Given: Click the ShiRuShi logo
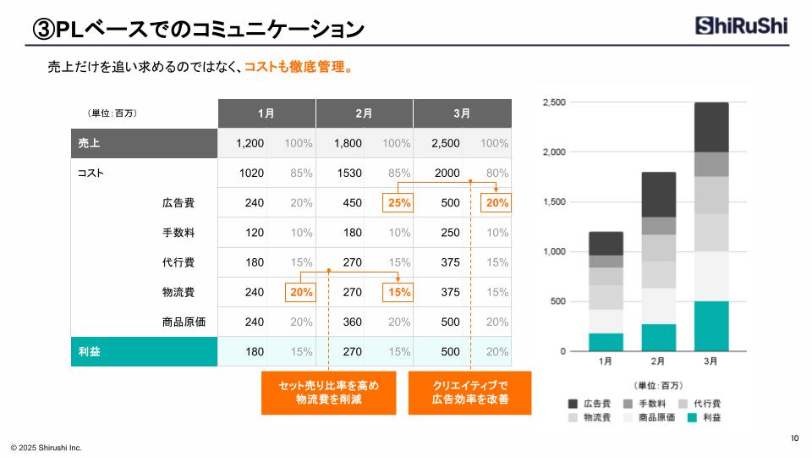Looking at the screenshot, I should pyautogui.click(x=742, y=26).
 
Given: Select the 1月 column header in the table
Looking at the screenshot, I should pyautogui.click(x=266, y=113).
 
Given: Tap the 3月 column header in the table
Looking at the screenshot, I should pyautogui.click(x=462, y=113).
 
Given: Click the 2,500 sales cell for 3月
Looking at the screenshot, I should pyautogui.click(x=446, y=143).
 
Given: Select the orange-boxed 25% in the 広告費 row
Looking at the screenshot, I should pyautogui.click(x=398, y=203).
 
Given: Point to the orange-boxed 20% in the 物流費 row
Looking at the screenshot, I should pyautogui.click(x=301, y=292).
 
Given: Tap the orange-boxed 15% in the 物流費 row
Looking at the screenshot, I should pyautogui.click(x=398, y=292).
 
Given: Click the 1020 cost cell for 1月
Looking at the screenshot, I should pyautogui.click(x=251, y=173).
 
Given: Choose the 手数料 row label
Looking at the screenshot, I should pyautogui.click(x=178, y=233).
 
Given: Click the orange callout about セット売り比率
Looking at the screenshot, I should pyautogui.click(x=328, y=392).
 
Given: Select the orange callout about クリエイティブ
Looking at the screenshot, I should pyautogui.click(x=469, y=392).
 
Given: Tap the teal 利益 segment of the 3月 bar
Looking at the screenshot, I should pyautogui.click(x=710, y=326).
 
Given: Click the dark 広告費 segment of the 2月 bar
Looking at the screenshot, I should pyautogui.click(x=658, y=195).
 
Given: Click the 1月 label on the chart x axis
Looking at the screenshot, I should pyautogui.click(x=606, y=361).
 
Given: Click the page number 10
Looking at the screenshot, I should pyautogui.click(x=794, y=438).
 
